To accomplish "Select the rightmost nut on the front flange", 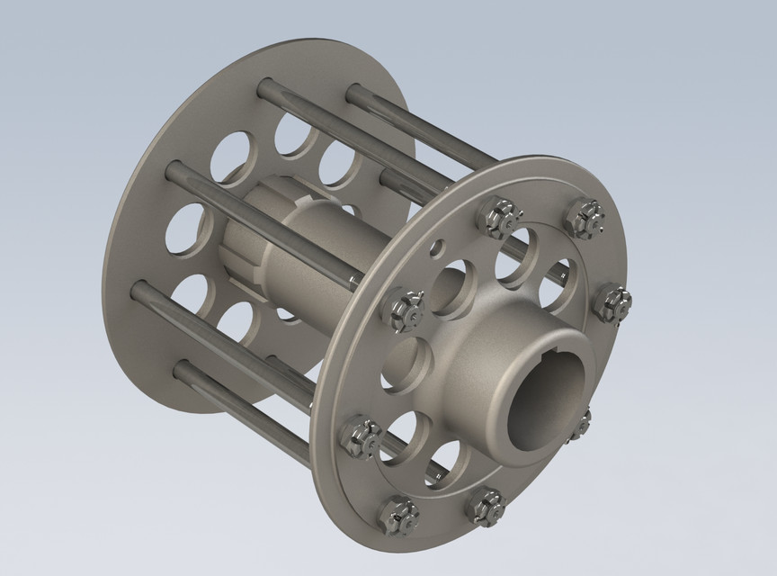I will (611, 301).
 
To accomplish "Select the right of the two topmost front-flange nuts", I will (585, 217).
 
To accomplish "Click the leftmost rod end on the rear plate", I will (138, 289).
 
